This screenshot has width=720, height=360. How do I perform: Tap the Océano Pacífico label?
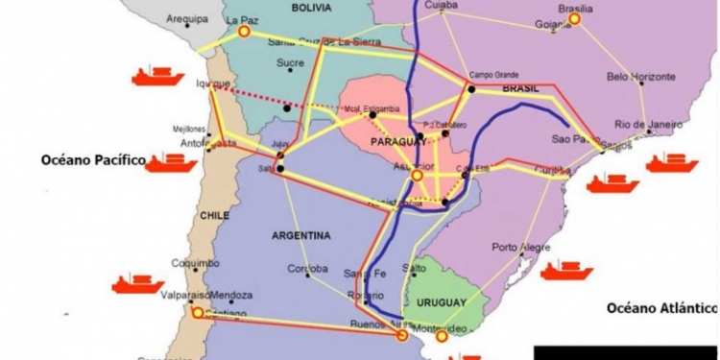pos(91,159)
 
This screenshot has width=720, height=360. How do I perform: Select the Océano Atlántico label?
pos(661,307)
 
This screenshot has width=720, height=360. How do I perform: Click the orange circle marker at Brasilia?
pos(575,18)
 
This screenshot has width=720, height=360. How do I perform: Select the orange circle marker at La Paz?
pos(244,32)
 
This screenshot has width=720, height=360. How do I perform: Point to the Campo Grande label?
pos(494,75)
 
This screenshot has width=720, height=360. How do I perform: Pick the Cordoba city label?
pos(308,268)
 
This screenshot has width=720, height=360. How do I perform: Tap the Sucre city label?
pos(290,63)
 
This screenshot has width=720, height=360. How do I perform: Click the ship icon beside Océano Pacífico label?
pos(172,161)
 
